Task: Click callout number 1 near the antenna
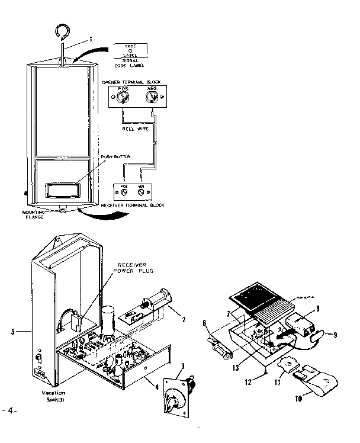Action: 91,39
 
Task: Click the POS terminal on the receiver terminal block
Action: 124,192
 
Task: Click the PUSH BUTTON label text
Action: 117,156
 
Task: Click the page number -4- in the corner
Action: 10,409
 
